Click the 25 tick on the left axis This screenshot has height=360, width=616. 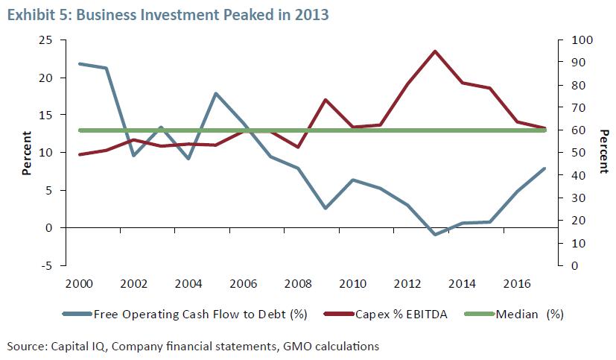pyautogui.click(x=46, y=40)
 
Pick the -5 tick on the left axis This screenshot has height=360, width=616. pyautogui.click(x=46, y=265)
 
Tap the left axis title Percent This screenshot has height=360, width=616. pyautogui.click(x=27, y=153)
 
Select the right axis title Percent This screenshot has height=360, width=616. pyautogui.click(x=604, y=153)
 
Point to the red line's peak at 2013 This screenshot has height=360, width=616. pyautogui.click(x=434, y=51)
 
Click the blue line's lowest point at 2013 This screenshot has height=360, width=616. pyautogui.click(x=434, y=235)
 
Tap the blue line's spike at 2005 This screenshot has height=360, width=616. pyautogui.click(x=215, y=93)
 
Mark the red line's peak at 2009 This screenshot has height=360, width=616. pyautogui.click(x=326, y=99)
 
